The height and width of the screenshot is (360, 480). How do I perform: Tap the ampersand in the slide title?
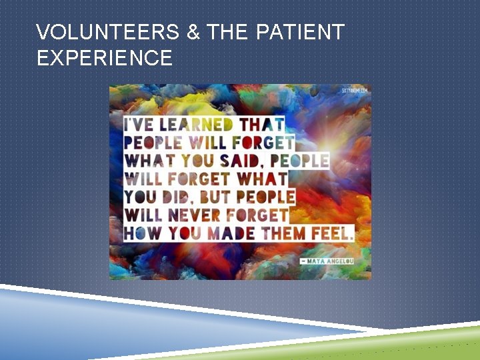(x=193, y=32)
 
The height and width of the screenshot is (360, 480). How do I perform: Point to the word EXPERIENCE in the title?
(x=105, y=59)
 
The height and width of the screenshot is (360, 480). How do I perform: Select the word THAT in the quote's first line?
(x=261, y=125)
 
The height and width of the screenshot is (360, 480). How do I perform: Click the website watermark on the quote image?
(x=354, y=90)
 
